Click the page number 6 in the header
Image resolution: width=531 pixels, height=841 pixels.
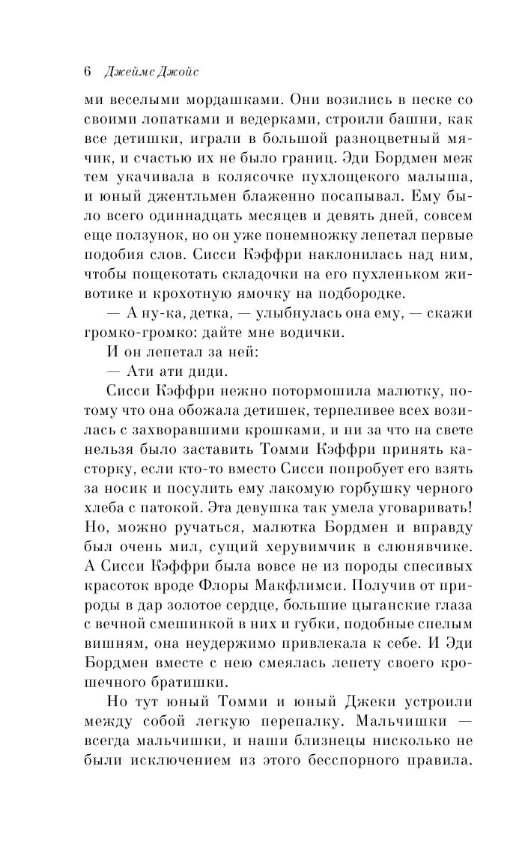coord(87,73)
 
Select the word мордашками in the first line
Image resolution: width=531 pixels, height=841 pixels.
coord(227,100)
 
